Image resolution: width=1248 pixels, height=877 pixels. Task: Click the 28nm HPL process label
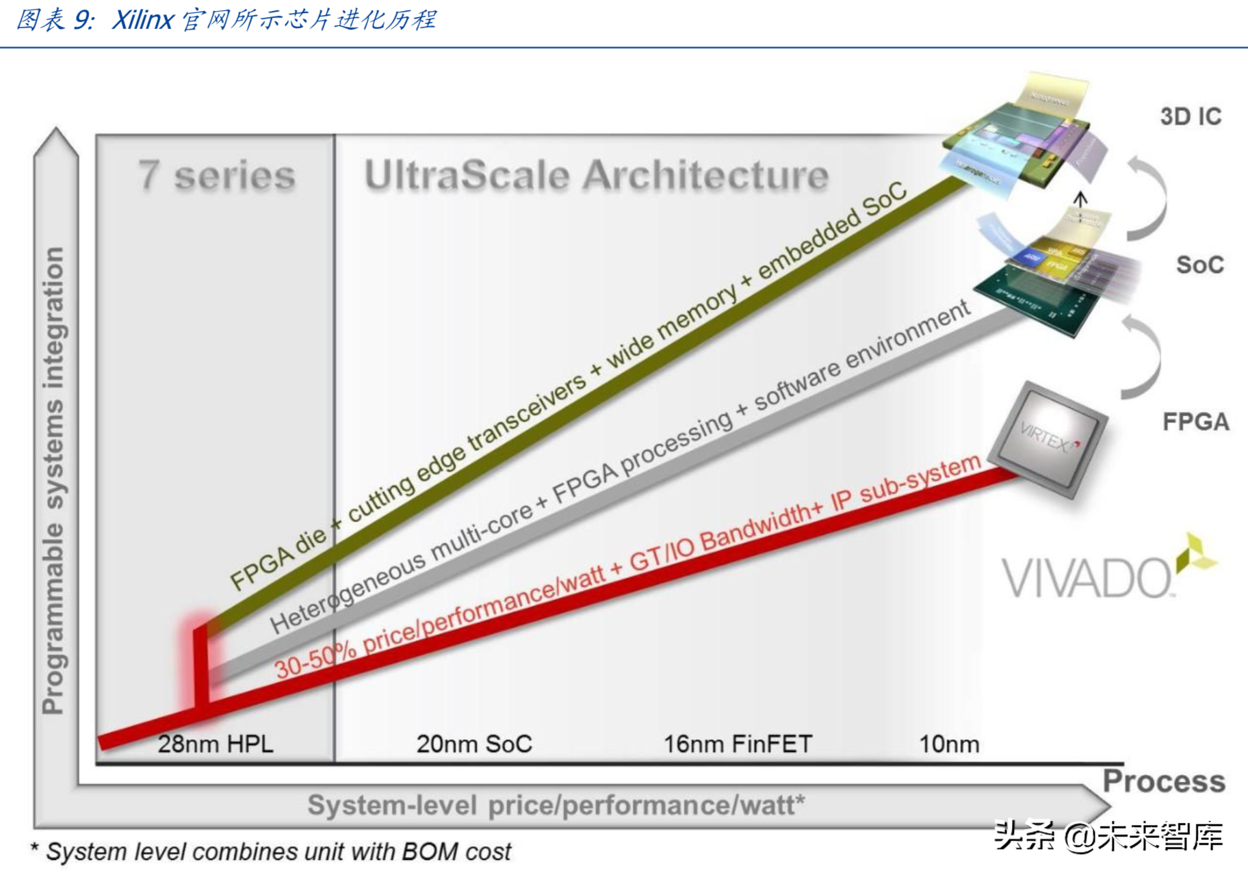(216, 744)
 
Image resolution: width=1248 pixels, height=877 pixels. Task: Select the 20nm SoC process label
(474, 744)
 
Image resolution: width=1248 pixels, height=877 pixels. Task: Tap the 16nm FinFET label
(738, 744)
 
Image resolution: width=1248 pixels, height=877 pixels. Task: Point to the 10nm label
(949, 744)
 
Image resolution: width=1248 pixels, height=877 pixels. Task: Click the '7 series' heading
(217, 176)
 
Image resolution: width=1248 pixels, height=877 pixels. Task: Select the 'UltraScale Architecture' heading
(596, 176)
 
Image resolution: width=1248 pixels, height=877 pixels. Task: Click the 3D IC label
(1191, 117)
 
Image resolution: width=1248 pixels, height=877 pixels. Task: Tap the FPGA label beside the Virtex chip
(1195, 421)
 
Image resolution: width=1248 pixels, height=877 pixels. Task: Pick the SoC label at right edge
(1199, 265)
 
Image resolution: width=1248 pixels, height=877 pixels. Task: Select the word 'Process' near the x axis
(1164, 781)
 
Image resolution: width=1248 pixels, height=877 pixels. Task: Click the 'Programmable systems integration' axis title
(53, 479)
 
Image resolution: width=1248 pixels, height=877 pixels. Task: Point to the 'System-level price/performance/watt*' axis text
(556, 805)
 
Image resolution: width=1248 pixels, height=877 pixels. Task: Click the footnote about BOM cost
(272, 852)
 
